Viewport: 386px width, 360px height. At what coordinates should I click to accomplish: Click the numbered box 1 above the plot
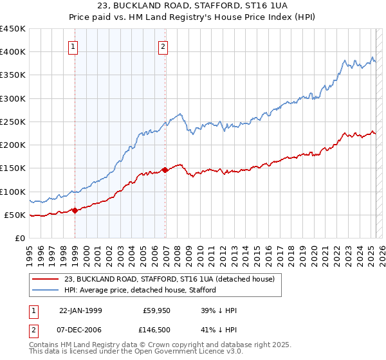(x=74, y=46)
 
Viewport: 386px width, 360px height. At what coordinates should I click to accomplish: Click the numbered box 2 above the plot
(x=163, y=46)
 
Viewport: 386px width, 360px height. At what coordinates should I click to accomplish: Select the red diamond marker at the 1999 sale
(x=75, y=210)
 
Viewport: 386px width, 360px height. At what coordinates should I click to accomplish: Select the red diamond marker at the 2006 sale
(x=165, y=170)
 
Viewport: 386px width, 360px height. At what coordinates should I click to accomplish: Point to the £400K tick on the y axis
(x=13, y=52)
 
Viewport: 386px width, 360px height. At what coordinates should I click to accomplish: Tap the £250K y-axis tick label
(x=13, y=122)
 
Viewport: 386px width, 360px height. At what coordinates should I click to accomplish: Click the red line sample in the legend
(x=46, y=279)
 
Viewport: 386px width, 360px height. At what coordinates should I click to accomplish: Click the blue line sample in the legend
(x=46, y=290)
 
